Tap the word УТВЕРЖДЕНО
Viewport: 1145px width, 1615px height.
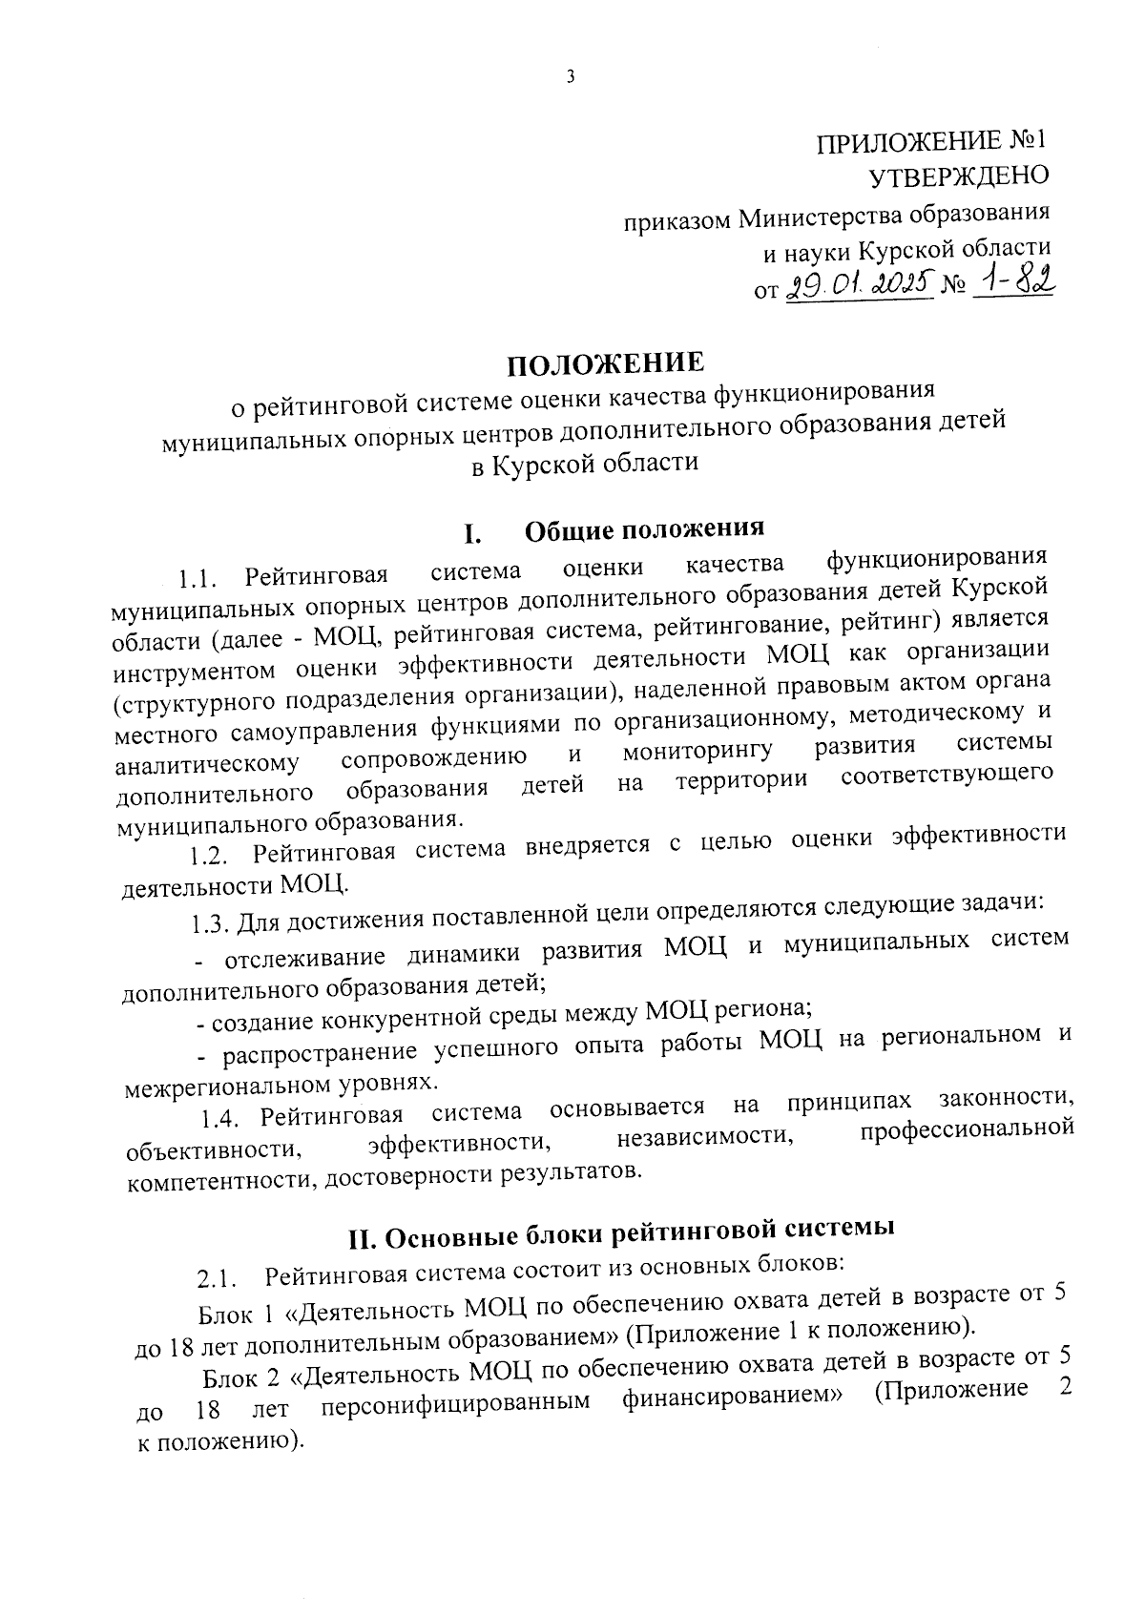pos(957,176)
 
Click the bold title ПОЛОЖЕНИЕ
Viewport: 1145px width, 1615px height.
pos(606,363)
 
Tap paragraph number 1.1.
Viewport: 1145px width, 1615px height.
pos(199,578)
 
